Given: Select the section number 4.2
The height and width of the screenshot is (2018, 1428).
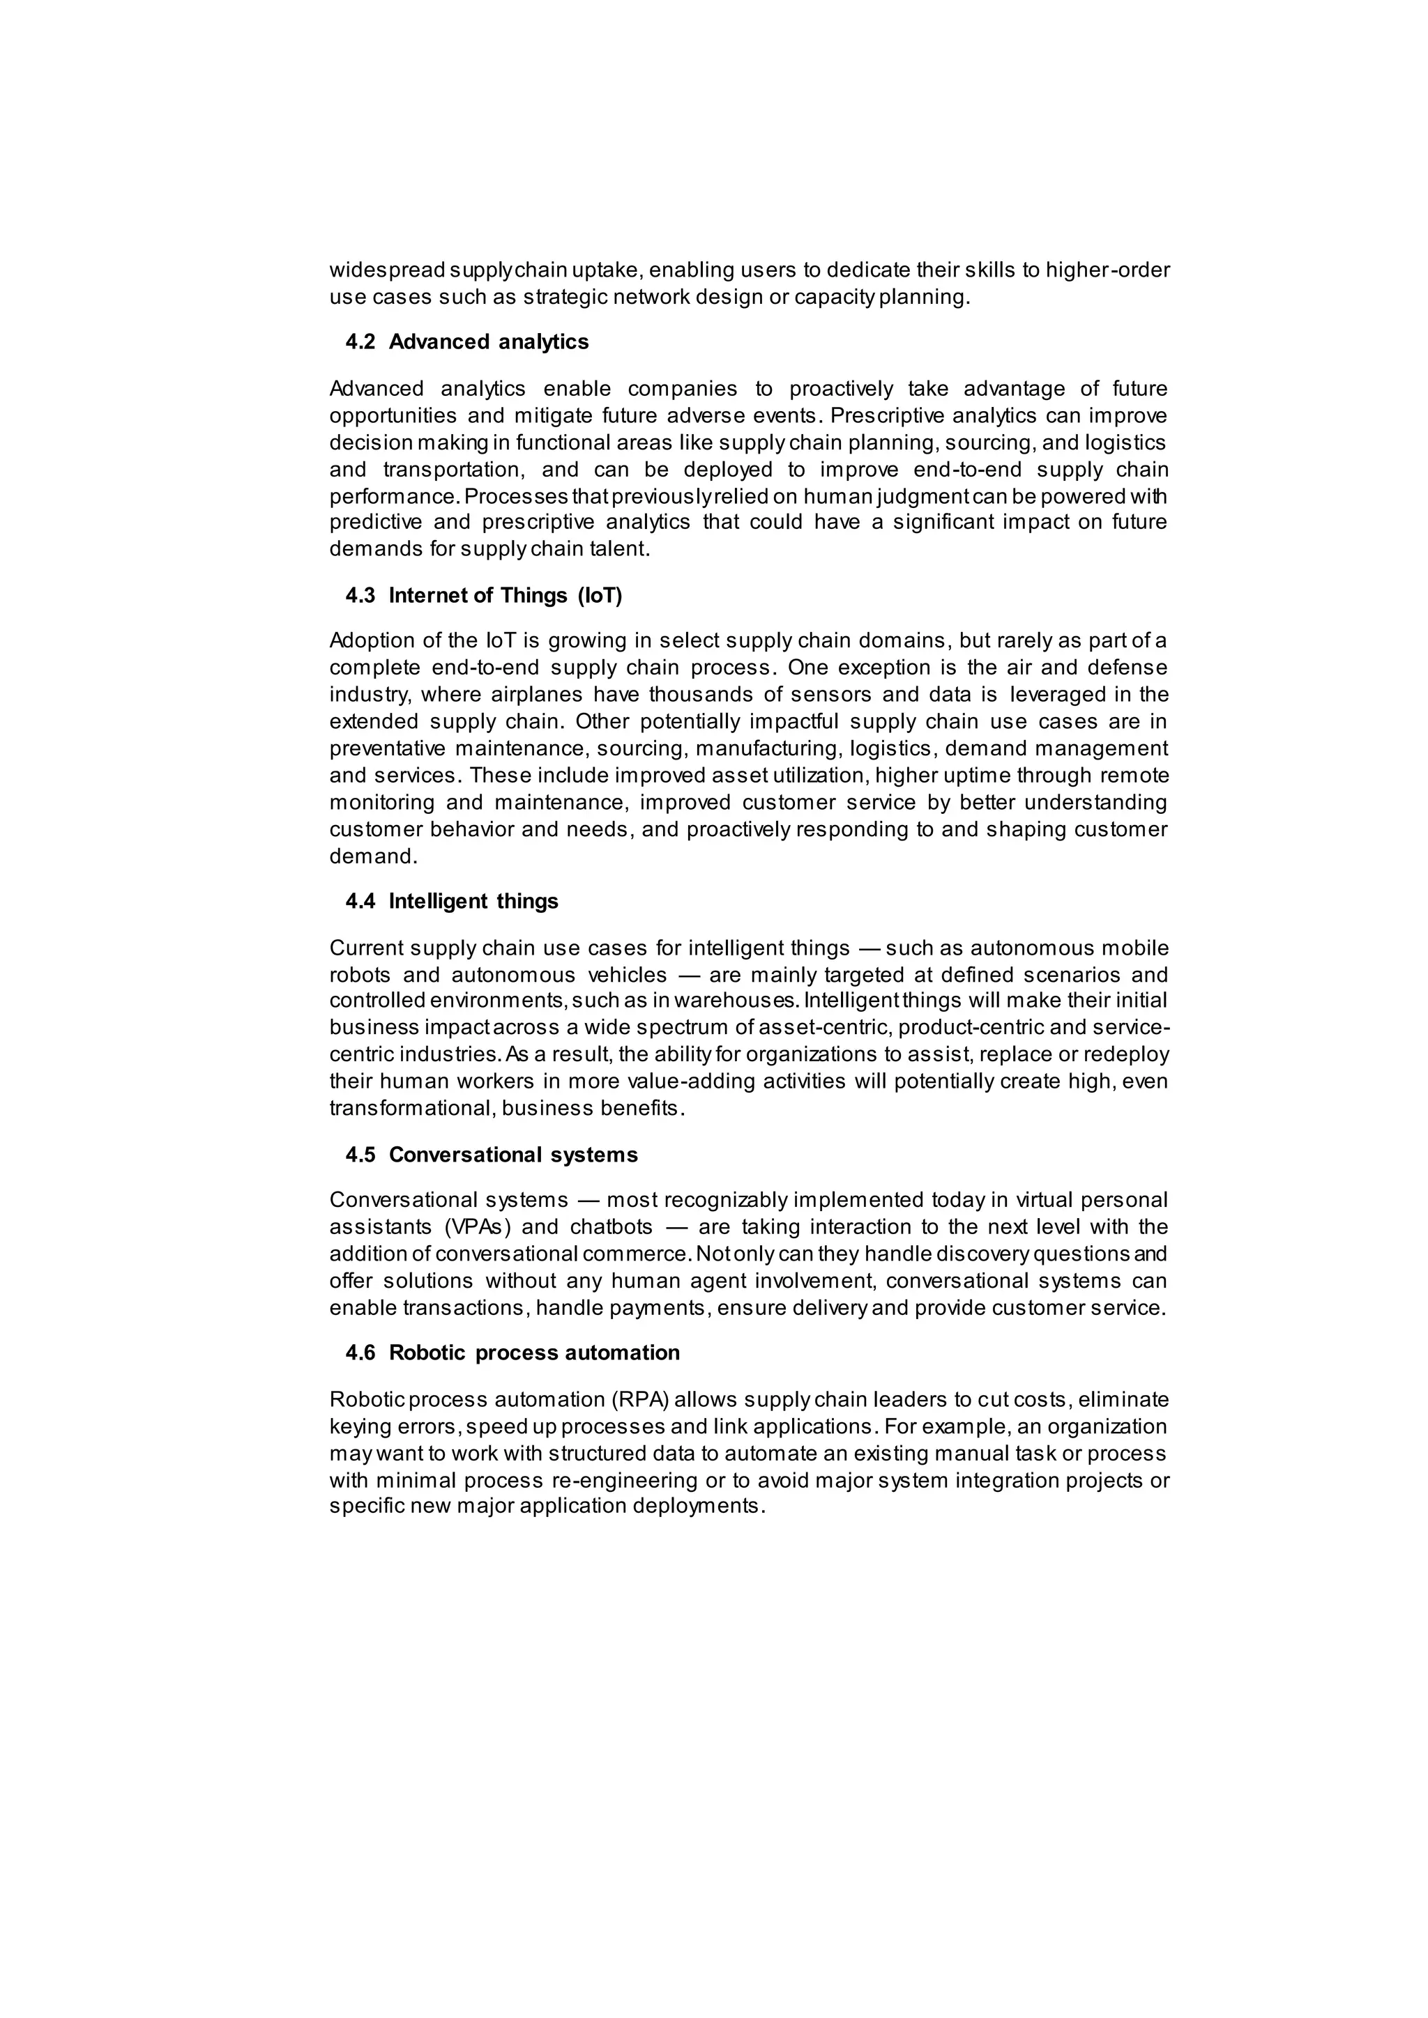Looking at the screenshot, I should pyautogui.click(x=360, y=342).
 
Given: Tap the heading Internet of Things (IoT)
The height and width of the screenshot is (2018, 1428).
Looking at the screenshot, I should pyautogui.click(x=505, y=596).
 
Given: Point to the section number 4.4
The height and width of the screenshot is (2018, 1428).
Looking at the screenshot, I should pyautogui.click(x=360, y=901).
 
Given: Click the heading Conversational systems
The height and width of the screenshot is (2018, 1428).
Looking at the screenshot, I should pyautogui.click(x=512, y=1155).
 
